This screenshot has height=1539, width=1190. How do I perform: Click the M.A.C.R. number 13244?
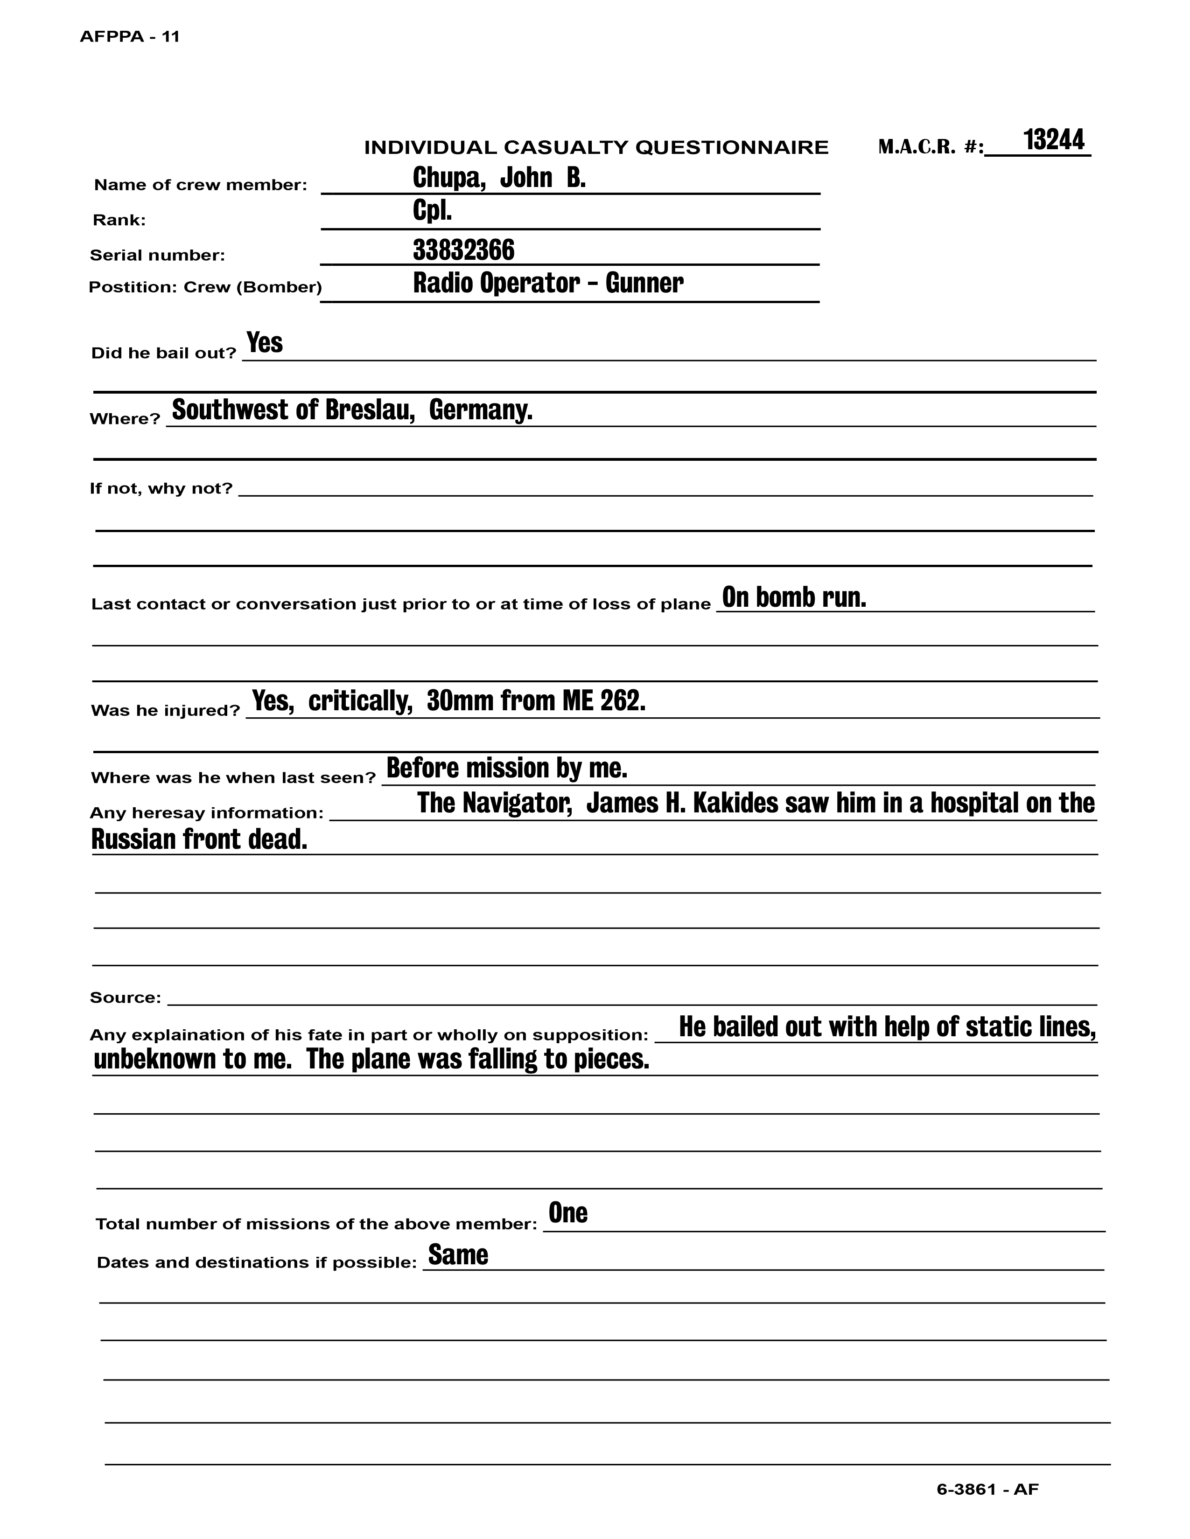1053,140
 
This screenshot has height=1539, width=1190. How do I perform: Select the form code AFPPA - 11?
130,37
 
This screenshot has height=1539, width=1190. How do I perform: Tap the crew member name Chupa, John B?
499,178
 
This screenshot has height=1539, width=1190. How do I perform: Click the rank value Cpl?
432,211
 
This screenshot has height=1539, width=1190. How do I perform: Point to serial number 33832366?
463,250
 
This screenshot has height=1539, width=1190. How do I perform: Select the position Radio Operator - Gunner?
548,283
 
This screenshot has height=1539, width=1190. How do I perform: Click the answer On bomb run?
794,597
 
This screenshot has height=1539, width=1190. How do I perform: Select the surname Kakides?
732,804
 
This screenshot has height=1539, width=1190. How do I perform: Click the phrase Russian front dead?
200,839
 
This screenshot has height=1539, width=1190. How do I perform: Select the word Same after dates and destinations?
458,1255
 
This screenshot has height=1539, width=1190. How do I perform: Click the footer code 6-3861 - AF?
987,1490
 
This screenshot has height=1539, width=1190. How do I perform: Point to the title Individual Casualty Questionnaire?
596,148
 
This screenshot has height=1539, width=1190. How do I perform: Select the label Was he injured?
166,710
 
